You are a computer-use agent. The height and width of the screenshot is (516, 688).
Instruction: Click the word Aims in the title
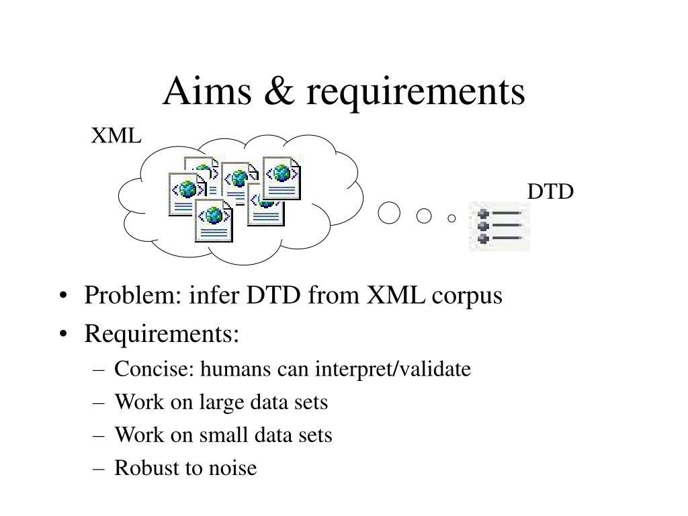click(207, 91)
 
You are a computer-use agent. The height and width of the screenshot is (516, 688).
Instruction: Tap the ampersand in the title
click(279, 91)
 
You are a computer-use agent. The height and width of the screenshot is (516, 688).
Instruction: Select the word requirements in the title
click(415, 93)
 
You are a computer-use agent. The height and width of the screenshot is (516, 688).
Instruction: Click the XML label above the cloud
click(116, 135)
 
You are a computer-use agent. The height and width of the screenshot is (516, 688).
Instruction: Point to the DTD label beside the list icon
click(550, 191)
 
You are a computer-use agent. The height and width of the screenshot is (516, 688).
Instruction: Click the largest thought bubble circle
click(389, 213)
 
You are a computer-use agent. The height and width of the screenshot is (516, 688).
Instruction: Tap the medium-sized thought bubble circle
click(423, 216)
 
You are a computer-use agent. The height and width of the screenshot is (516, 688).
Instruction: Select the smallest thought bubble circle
click(451, 218)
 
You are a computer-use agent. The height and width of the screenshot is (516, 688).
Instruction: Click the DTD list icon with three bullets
click(499, 226)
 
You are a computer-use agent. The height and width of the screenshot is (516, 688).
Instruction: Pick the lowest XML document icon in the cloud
click(214, 220)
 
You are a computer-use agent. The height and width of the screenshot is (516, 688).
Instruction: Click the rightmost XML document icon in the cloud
click(282, 178)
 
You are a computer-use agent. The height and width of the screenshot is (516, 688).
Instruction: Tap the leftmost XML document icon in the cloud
click(187, 194)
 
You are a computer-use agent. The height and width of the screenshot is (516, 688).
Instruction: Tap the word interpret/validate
click(392, 370)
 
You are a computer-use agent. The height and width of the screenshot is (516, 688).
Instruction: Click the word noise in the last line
click(232, 468)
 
